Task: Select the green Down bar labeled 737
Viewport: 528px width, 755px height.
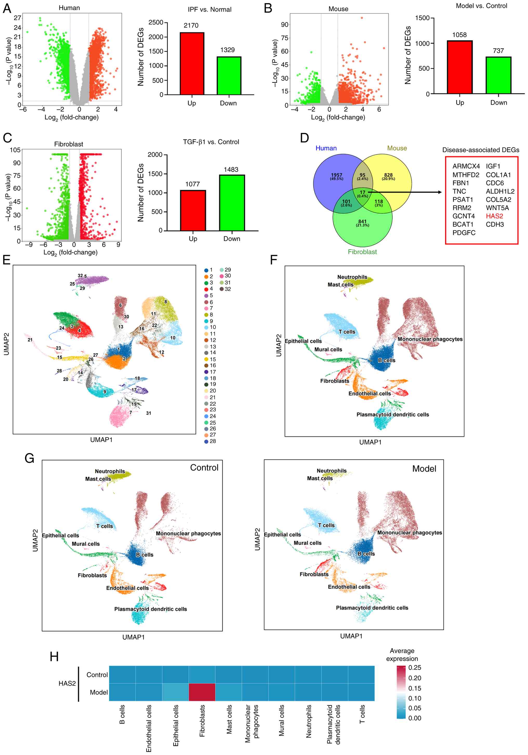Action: click(x=498, y=75)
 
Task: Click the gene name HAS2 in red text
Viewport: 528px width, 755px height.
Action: click(x=494, y=216)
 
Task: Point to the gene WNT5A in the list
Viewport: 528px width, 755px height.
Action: click(x=497, y=208)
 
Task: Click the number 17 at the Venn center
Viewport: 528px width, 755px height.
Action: click(x=362, y=192)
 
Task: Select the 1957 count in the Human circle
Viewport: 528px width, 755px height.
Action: click(x=336, y=175)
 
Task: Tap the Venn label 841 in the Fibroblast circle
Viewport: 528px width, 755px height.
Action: click(x=362, y=222)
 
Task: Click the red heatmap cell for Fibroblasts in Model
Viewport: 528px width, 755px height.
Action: click(x=202, y=692)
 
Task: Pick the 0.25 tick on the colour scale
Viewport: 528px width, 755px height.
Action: click(x=414, y=668)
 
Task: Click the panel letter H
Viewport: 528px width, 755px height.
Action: click(x=54, y=657)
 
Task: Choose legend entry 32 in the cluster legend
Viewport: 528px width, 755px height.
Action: click(x=227, y=289)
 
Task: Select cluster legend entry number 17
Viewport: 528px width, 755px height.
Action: click(x=213, y=372)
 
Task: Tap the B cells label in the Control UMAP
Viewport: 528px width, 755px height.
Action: click(x=144, y=555)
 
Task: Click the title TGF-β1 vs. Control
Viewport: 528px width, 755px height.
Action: click(x=211, y=142)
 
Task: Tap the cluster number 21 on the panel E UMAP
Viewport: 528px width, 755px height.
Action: click(x=30, y=340)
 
